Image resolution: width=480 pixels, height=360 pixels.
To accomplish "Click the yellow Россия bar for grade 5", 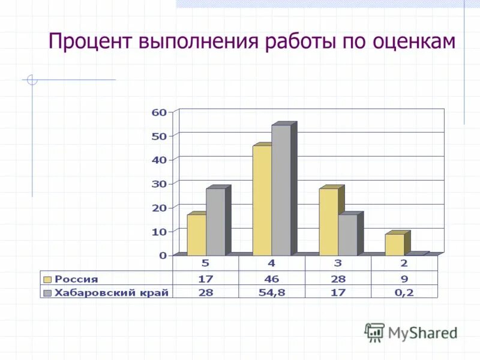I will point(196,235).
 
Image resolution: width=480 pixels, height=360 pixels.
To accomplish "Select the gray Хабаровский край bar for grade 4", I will point(281,190).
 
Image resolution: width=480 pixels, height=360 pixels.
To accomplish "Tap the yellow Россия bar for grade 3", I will point(328,222).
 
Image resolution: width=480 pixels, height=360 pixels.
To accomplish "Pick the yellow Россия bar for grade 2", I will point(394,244).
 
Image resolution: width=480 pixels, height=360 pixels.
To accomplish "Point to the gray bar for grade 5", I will point(215,222).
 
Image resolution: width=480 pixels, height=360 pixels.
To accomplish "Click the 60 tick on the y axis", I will point(159,112).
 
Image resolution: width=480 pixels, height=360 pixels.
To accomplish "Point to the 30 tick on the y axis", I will point(159,184).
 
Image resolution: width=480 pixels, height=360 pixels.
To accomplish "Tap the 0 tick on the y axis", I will point(163,255).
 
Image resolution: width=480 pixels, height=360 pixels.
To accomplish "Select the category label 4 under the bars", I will point(272,263).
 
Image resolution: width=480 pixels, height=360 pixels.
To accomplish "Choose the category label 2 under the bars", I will point(404,263).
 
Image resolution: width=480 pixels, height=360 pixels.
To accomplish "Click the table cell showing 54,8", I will point(272,292).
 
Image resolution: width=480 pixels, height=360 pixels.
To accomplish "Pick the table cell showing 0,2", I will point(404,292).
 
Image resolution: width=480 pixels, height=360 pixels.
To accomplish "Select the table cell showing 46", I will point(272,278).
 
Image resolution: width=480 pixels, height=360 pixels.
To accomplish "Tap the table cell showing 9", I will point(404,278).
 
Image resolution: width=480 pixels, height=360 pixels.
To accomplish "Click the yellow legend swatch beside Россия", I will point(47,278).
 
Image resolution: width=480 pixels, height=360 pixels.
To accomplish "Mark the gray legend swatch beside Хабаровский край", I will point(47,292).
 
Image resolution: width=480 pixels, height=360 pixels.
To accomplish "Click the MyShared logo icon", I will point(374,332).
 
